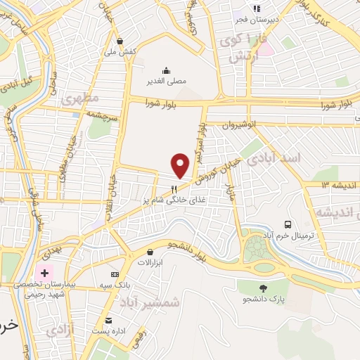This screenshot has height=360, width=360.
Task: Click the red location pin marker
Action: point(181,165)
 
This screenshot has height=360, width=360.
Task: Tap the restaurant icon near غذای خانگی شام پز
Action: point(174,188)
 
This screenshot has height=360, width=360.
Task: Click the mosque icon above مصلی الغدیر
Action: point(167,70)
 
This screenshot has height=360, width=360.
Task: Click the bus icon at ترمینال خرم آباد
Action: point(288,224)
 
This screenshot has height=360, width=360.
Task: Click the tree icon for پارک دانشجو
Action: point(264,288)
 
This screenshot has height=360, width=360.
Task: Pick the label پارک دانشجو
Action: point(266,300)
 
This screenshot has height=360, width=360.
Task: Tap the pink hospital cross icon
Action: point(44,272)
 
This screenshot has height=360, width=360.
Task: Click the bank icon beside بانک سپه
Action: point(115,274)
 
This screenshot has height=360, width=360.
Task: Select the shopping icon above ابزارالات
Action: point(150,251)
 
